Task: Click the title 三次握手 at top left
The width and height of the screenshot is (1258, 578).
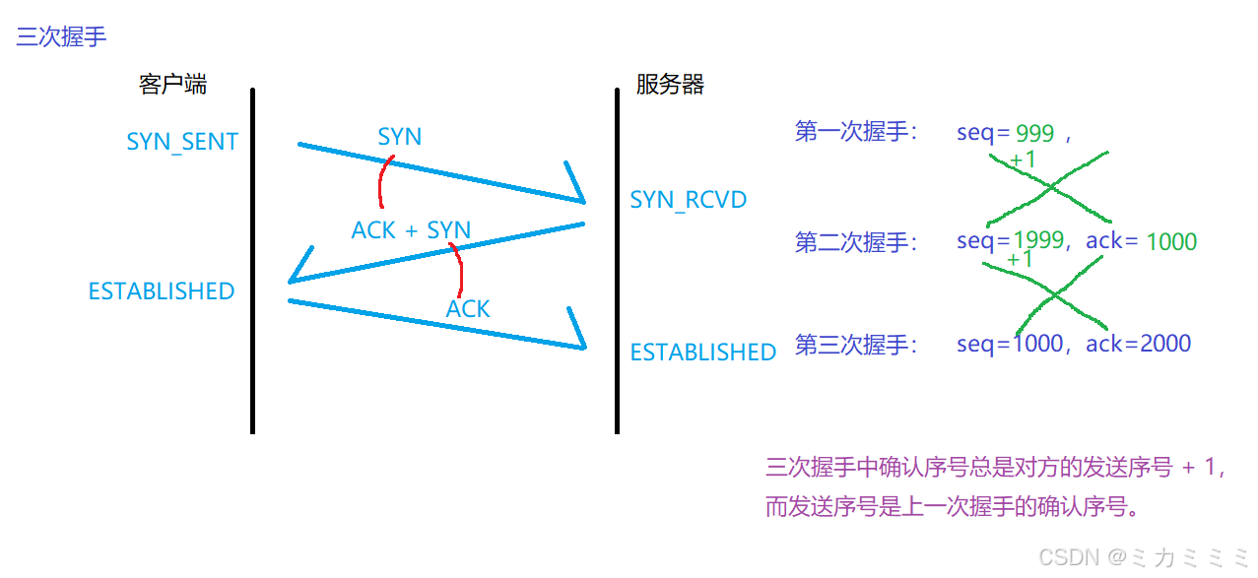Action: (x=61, y=37)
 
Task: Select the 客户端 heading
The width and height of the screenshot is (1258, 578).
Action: (x=173, y=85)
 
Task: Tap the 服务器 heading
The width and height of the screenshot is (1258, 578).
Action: (x=670, y=85)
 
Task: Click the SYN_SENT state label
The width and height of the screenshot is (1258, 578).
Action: (x=182, y=142)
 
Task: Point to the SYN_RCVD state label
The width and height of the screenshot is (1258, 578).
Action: (x=688, y=200)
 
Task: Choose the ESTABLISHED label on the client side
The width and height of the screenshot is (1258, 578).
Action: (x=162, y=291)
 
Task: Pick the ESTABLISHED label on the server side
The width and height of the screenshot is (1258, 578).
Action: (x=702, y=353)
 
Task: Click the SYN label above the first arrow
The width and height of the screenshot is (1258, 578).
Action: (x=399, y=137)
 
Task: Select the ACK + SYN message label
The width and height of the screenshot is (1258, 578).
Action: (x=411, y=230)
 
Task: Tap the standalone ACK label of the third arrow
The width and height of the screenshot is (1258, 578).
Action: (x=468, y=309)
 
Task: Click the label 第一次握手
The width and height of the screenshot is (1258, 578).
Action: (x=855, y=133)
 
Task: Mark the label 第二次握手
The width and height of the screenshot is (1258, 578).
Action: (x=855, y=242)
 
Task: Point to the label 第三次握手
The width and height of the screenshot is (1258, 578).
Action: (x=855, y=345)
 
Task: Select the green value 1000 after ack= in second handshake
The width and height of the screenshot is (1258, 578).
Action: (x=1171, y=242)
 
